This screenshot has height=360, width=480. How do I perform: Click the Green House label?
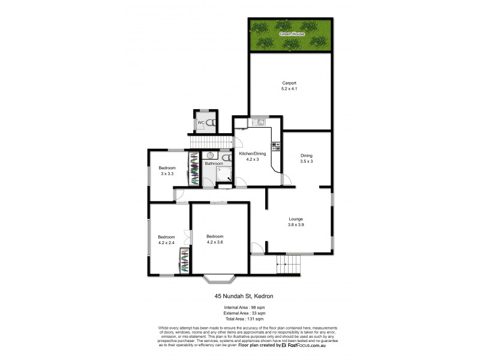click(291, 34)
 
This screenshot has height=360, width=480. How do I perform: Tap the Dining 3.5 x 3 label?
click(307, 158)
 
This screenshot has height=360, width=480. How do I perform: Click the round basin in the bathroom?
click(210, 155)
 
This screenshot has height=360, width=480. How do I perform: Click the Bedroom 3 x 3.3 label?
click(167, 170)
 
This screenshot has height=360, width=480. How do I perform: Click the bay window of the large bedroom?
click(220, 278)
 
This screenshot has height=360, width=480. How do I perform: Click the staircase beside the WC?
click(211, 142)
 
